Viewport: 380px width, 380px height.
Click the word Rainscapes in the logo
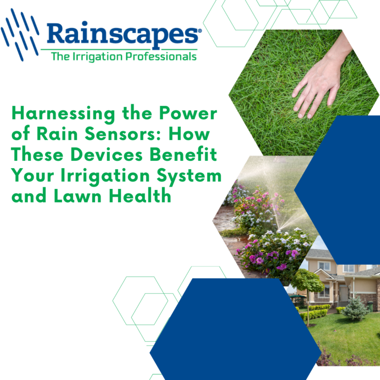(124, 34)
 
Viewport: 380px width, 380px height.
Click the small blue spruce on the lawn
(355, 309)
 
